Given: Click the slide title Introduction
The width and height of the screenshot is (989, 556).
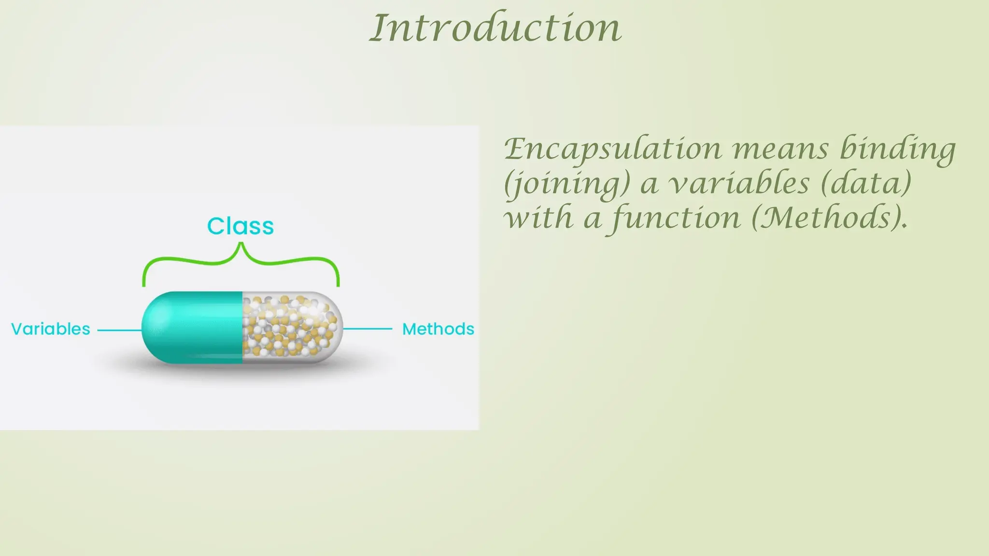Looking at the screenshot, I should pos(495,28).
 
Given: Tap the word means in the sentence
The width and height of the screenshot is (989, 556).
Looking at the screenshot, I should pos(781,149).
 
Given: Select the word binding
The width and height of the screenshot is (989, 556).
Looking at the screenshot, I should pos(897,149).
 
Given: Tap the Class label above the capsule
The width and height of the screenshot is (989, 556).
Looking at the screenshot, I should pos(240,226).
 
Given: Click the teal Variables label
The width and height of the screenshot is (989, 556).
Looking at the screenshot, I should pos(51,329).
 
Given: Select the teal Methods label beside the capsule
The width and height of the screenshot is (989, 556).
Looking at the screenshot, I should pos(438,329).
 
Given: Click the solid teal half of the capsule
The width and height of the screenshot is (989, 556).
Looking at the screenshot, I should pos(193,327).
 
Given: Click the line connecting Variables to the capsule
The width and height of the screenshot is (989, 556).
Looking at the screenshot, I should pos(119,331).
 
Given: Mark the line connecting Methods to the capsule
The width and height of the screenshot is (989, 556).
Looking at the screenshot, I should pos(367,329).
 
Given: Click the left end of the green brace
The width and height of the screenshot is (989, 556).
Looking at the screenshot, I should pos(144,283).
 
